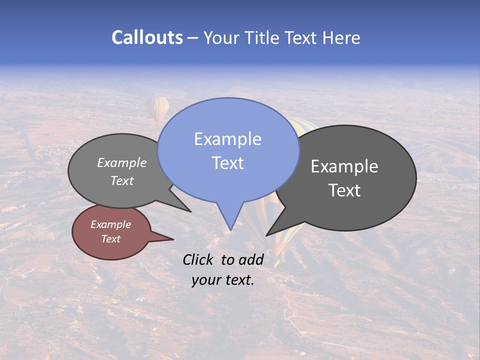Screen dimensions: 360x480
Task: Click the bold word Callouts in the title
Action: pyautogui.click(x=147, y=37)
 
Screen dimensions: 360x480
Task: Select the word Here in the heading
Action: pyautogui.click(x=341, y=37)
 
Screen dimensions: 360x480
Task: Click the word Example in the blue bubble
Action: pyautogui.click(x=227, y=139)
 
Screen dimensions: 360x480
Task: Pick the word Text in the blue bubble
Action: pyautogui.click(x=227, y=163)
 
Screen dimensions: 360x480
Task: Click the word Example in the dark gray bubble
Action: pyautogui.click(x=344, y=166)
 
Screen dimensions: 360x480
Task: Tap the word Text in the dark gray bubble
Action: pyautogui.click(x=344, y=190)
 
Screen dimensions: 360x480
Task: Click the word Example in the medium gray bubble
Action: pyautogui.click(x=122, y=163)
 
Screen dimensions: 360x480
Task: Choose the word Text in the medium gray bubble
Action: pyautogui.click(x=122, y=180)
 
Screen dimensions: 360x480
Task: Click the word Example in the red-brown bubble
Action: pyautogui.click(x=110, y=224)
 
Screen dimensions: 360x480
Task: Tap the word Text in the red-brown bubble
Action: pyautogui.click(x=110, y=239)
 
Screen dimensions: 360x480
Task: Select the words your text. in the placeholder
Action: pyautogui.click(x=223, y=280)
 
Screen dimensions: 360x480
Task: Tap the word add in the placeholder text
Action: pyautogui.click(x=251, y=259)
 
